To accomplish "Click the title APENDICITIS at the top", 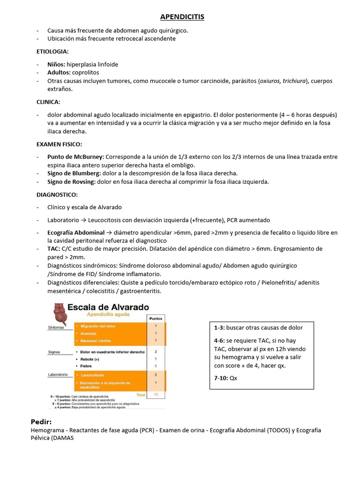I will pos(182,17).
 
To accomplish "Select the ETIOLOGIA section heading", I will pos(52,51).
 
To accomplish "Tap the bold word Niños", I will pos(56,64).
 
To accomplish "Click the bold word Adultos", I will pos(58,73).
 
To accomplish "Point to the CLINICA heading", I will pos(48,102).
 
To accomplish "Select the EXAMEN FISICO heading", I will pos(59,144).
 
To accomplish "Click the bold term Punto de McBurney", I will pos(75,157).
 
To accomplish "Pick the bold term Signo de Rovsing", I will pos(71,182).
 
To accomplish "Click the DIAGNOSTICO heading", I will pos(57,195).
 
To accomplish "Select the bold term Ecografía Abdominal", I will pos(76,232).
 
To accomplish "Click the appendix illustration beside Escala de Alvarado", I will pos(59,312).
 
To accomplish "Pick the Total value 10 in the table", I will pos(156,395).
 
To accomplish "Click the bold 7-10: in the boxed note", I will pos(221,378).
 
